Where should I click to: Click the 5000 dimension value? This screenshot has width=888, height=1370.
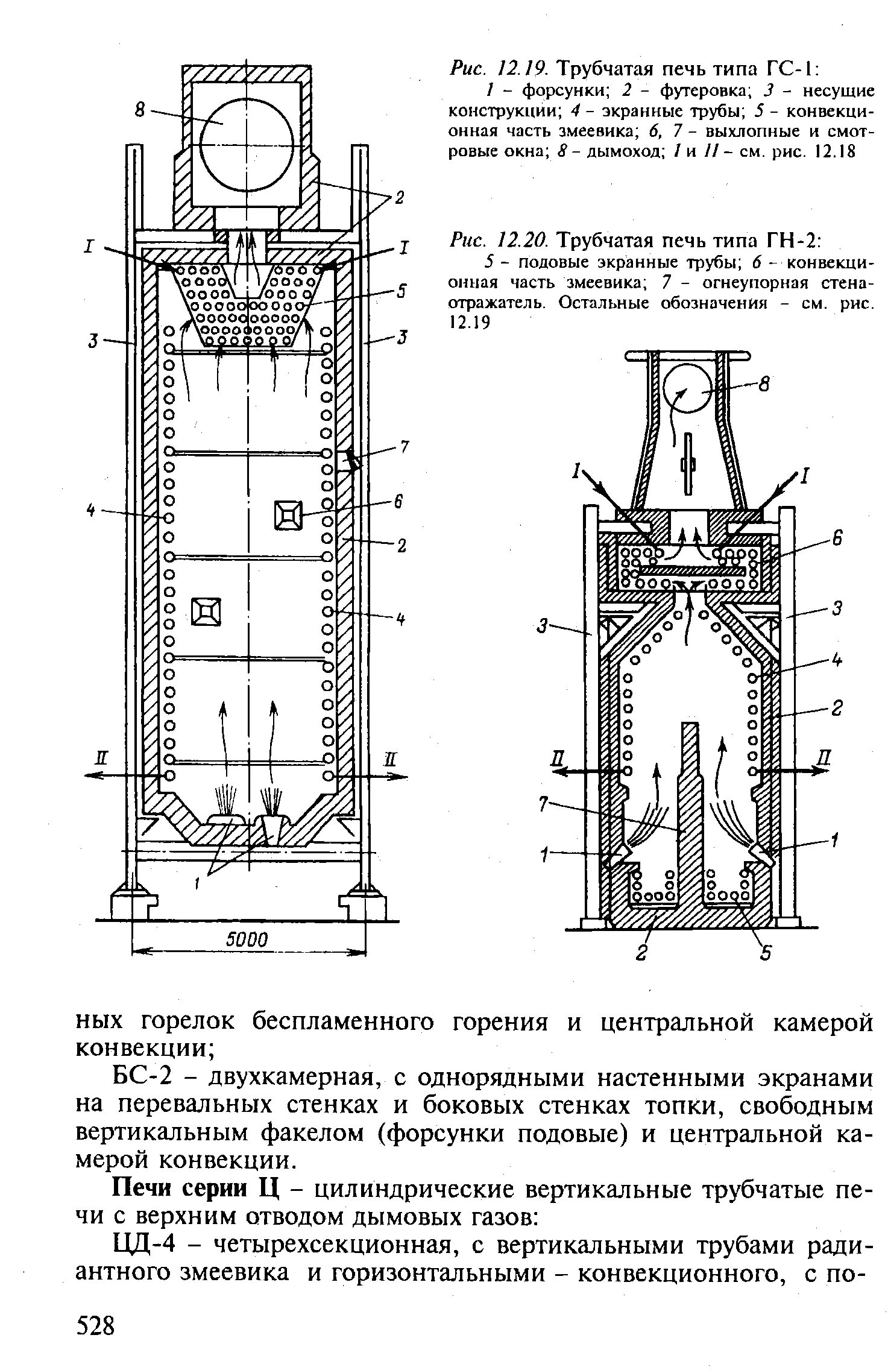[x=248, y=940]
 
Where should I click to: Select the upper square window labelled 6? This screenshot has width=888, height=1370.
[x=288, y=516]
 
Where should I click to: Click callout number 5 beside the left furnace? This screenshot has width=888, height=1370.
[x=401, y=291]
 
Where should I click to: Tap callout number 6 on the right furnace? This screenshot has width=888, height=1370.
[x=836, y=538]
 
